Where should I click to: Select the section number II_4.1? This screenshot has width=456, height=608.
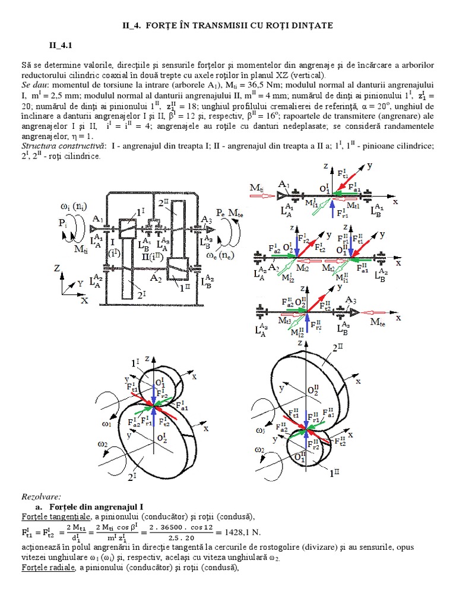(61, 45)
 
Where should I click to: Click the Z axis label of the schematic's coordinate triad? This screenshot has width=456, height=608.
(56, 269)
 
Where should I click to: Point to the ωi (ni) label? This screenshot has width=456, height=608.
(74, 206)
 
